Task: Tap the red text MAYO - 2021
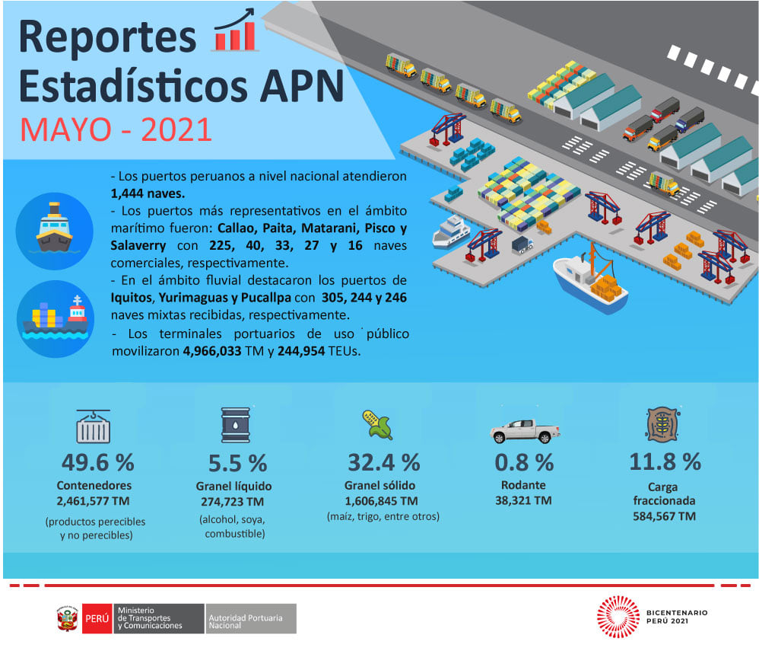click(116, 129)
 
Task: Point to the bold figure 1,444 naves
click(148, 193)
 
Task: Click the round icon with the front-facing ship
click(54, 231)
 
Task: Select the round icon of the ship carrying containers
click(56, 319)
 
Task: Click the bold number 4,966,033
click(212, 351)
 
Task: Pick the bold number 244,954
click(301, 351)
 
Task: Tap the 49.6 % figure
click(98, 462)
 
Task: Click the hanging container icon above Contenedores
click(94, 426)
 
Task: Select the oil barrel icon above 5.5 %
click(236, 425)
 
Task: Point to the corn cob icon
click(377, 425)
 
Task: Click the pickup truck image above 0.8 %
click(525, 431)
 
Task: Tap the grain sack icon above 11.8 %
click(663, 424)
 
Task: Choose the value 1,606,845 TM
click(382, 501)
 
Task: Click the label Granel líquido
click(233, 486)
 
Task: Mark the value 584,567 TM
click(664, 516)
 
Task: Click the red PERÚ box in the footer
click(97, 618)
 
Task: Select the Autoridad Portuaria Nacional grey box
click(251, 618)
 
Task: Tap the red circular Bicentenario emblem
click(618, 616)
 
